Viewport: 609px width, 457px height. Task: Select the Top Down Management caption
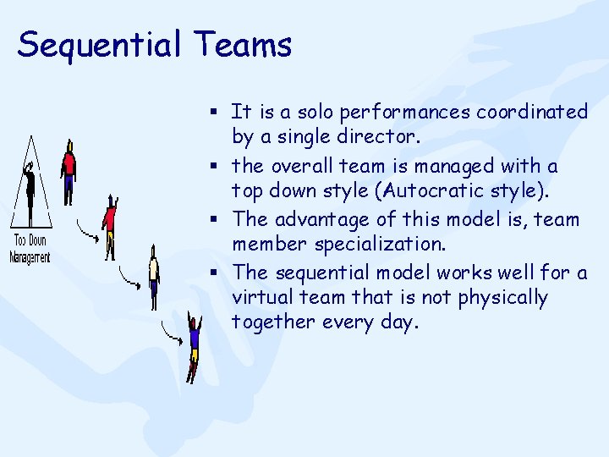coord(30,246)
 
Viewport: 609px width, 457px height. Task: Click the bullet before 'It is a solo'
coord(217,112)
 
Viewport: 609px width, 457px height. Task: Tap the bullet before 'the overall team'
coord(217,167)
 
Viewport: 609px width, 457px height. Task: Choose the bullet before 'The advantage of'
coord(217,219)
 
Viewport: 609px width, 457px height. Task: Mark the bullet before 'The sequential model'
coord(217,273)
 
